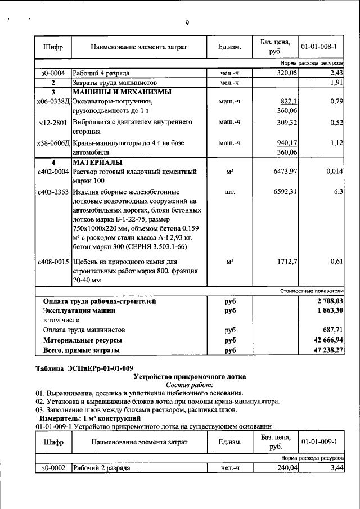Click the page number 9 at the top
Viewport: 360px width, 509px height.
tap(187, 22)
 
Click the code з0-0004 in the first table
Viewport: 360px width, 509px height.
tap(53, 74)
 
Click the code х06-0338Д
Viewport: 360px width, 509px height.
tap(52, 102)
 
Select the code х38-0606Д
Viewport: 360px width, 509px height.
tap(52, 143)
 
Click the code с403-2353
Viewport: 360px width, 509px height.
tap(53, 192)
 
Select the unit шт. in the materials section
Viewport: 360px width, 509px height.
tap(229, 192)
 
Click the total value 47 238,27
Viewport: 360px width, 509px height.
tap(326, 350)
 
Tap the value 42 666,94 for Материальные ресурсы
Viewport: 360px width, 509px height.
tap(326, 340)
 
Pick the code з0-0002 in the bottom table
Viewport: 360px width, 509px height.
tap(53, 468)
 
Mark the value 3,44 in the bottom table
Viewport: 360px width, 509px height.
tap(336, 468)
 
